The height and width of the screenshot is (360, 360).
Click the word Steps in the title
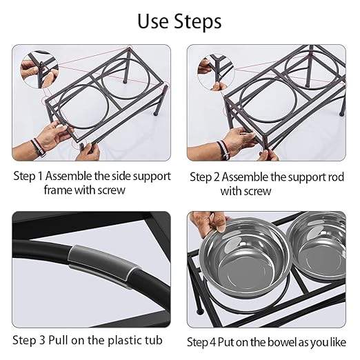click(197, 21)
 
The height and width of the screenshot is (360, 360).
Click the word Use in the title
click(153, 21)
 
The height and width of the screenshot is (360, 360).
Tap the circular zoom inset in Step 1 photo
click(39, 70)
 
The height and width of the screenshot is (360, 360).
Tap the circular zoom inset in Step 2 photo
click(216, 72)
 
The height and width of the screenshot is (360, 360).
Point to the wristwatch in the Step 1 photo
click(39, 147)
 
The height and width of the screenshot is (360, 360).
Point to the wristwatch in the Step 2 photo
click(223, 150)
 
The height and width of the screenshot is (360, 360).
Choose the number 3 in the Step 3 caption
click(42, 340)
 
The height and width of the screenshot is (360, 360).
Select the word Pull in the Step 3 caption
click(59, 340)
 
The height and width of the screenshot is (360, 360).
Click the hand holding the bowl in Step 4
click(209, 223)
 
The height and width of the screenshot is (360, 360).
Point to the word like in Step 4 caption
click(338, 342)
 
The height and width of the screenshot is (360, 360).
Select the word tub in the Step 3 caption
click(154, 340)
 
